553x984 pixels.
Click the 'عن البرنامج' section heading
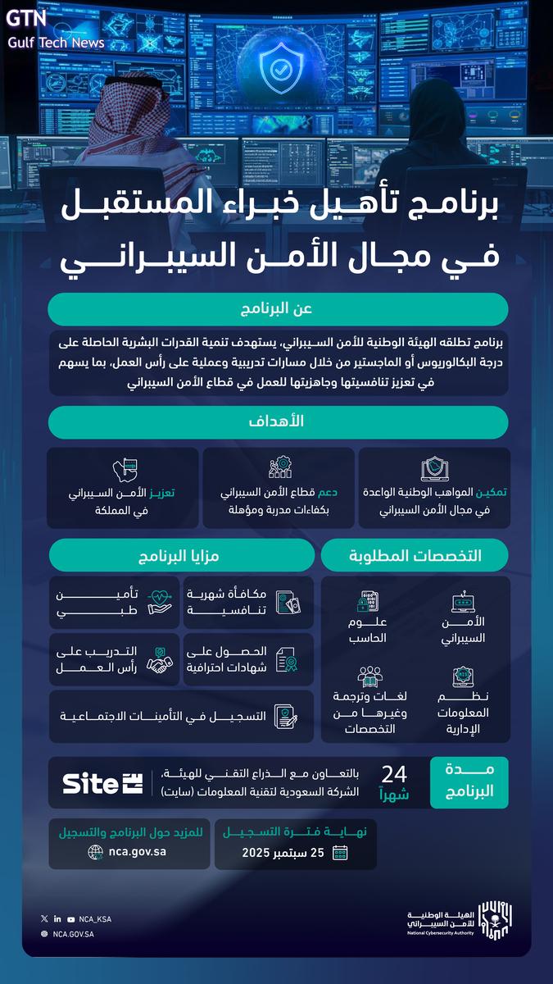pos(277,308)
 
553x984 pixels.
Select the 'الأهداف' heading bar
pos(277,421)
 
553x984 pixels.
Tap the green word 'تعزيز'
pos(161,493)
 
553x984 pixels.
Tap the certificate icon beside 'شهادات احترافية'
pos(287,659)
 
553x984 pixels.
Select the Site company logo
pos(102,782)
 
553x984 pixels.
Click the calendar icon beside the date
pos(339,853)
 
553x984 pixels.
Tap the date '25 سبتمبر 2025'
pos(283,853)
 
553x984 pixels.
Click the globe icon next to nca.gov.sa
pos(96,852)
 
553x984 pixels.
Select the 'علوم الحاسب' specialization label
pos(367,630)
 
